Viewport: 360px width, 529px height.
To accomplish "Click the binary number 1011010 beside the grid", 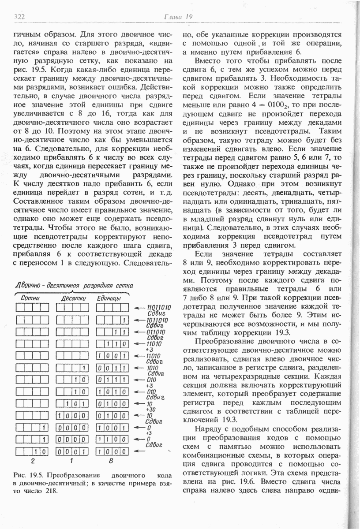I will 157,320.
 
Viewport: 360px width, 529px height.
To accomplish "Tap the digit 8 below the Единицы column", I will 110,461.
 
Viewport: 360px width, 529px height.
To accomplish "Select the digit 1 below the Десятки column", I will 71,461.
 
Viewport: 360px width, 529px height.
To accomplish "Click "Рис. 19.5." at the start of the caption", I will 29,476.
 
